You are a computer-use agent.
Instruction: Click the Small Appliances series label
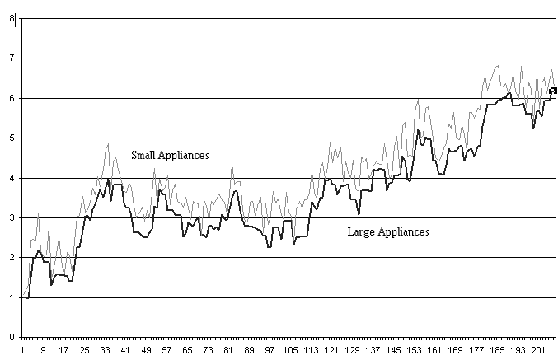click(x=170, y=154)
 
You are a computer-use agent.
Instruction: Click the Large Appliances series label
click(x=388, y=232)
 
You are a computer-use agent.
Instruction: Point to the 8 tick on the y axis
click(x=12, y=18)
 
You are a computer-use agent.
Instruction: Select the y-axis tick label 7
click(x=12, y=58)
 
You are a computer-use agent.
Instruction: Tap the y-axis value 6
click(x=12, y=98)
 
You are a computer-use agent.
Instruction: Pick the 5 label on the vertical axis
click(x=12, y=138)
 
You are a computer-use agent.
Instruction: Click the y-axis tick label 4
click(x=12, y=178)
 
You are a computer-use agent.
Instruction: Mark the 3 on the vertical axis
click(x=12, y=217)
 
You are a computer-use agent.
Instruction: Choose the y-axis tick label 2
click(x=12, y=258)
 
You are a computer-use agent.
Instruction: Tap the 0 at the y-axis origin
click(x=12, y=337)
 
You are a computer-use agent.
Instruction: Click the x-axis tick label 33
click(x=105, y=350)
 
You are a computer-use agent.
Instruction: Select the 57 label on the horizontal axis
click(x=167, y=350)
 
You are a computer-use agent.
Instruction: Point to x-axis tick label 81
click(x=230, y=350)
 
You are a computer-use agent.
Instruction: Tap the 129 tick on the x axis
click(x=353, y=350)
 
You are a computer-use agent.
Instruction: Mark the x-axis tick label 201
click(x=539, y=350)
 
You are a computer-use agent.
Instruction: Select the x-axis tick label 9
click(x=44, y=350)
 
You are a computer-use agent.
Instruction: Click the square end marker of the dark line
click(x=553, y=91)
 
